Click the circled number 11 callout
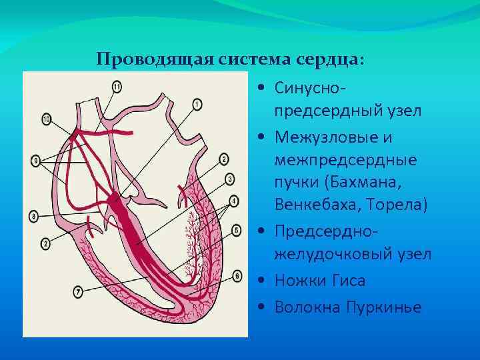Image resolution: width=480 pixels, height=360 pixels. (117, 86)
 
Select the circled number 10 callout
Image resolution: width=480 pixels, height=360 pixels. (46, 119)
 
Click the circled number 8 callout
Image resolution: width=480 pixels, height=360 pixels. (34, 217)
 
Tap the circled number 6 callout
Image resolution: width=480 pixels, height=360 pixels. (237, 275)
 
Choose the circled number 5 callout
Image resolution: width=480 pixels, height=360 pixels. (236, 231)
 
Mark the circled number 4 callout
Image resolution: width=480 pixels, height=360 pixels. (233, 201)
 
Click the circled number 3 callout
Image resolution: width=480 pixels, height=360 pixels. (230, 179)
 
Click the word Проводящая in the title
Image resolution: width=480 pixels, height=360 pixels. (154, 59)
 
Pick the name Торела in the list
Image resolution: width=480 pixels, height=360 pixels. (400, 203)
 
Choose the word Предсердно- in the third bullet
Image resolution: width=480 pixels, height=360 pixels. (323, 235)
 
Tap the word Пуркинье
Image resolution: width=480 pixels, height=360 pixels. (384, 307)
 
